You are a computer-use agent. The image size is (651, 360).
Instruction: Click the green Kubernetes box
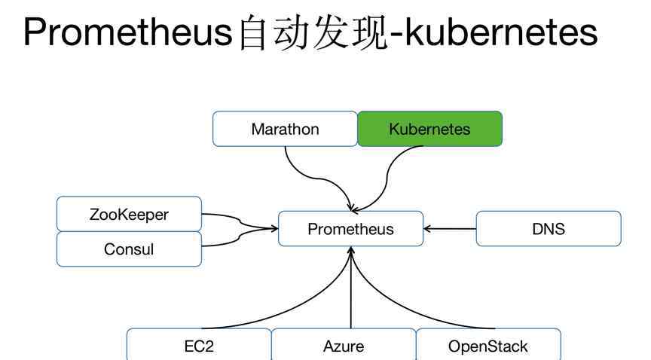(x=429, y=129)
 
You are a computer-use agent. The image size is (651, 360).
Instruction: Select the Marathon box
(x=285, y=129)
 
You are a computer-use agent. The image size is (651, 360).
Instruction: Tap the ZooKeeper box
(x=129, y=214)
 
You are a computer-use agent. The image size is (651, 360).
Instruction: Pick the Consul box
(x=129, y=249)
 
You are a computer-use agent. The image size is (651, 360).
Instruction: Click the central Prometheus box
(x=351, y=229)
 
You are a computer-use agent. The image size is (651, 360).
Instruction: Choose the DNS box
(x=549, y=229)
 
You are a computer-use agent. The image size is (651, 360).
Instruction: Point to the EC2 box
(x=199, y=346)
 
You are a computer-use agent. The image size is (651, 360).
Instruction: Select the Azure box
(x=344, y=346)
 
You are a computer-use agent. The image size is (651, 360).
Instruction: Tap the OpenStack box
(x=488, y=346)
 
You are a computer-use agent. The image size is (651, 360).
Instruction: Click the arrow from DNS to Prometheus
(x=450, y=229)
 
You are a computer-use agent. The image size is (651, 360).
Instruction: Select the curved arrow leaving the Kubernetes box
(x=387, y=178)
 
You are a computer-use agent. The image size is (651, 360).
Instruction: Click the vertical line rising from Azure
(x=351, y=288)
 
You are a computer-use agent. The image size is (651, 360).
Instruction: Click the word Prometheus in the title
(x=128, y=32)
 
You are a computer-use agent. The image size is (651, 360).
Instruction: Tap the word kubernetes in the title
(x=501, y=32)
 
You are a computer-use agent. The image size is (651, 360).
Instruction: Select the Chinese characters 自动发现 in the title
(x=313, y=32)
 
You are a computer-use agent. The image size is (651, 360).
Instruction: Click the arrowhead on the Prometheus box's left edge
(x=274, y=228)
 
